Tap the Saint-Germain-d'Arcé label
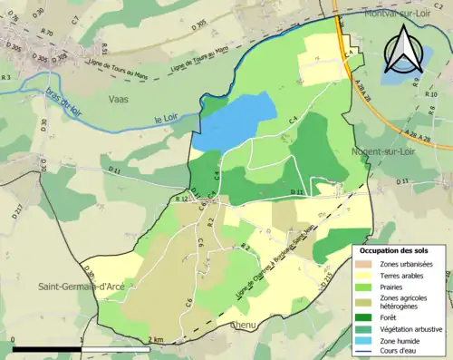(80, 287)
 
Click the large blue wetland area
(234, 121)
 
